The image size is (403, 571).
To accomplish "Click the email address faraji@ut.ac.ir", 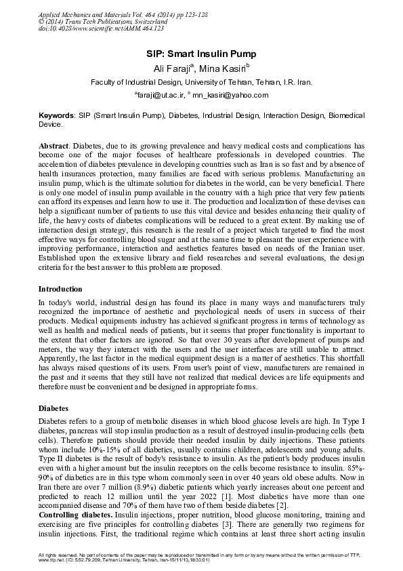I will [x=159, y=96].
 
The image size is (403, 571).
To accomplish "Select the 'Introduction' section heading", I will [x=61, y=290].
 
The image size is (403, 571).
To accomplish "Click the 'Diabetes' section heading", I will [x=53, y=409].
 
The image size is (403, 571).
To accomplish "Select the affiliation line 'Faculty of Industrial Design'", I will [x=201, y=83].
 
